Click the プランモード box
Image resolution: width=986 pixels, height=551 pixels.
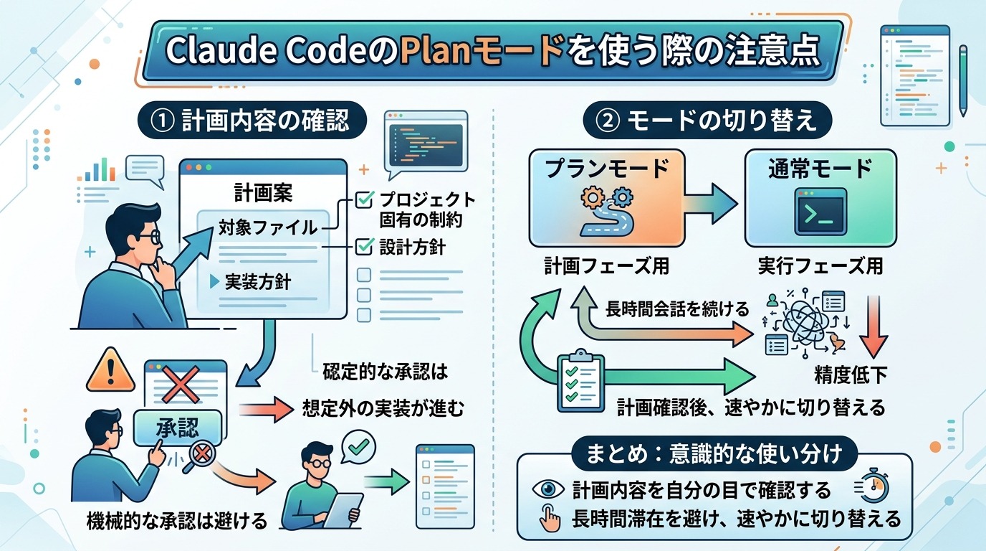[607, 198]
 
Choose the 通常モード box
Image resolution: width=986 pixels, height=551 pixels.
[820, 198]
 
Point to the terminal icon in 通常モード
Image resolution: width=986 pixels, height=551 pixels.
[820, 212]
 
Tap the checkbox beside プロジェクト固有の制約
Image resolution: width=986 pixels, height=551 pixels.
[364, 199]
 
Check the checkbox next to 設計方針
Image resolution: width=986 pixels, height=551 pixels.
[364, 247]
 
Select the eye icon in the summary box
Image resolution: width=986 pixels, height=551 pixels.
[548, 489]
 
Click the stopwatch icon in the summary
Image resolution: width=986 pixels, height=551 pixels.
[871, 488]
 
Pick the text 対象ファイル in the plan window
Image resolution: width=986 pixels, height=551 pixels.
[268, 228]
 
